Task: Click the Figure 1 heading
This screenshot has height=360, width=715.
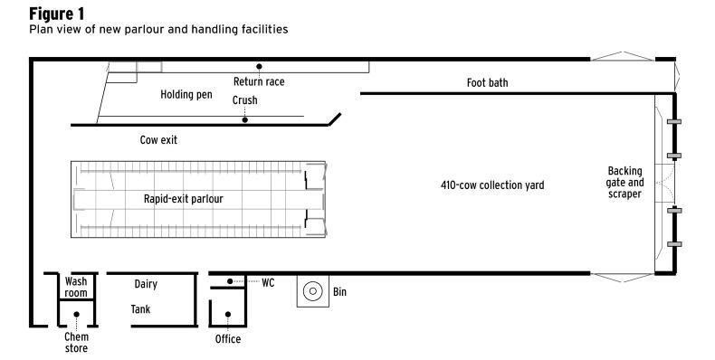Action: [x=56, y=14]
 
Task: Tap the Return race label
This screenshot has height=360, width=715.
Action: [x=259, y=81]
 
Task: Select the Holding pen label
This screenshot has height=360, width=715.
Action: [x=186, y=95]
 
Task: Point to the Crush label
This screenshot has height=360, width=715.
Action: [x=245, y=99]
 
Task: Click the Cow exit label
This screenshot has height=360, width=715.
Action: [x=158, y=140]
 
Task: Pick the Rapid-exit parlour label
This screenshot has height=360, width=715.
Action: [x=184, y=199]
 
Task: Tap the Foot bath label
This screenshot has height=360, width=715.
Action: [x=487, y=82]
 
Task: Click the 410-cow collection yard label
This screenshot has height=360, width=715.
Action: [x=492, y=185]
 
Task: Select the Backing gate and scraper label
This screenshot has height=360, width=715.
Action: [x=624, y=183]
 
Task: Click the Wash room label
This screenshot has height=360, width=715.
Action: [x=76, y=287]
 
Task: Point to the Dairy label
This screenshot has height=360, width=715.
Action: [x=146, y=284]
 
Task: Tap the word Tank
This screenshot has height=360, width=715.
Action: [x=140, y=309]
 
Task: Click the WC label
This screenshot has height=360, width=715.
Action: [x=268, y=283]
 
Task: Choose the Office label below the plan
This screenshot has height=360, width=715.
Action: [x=228, y=339]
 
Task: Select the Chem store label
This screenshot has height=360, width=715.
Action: [x=76, y=343]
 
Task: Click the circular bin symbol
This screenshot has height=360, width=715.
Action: [x=313, y=291]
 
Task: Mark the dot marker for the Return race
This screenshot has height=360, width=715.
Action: [x=259, y=67]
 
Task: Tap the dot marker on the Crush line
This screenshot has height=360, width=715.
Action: [x=245, y=119]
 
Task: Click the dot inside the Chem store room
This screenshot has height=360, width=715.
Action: [x=77, y=315]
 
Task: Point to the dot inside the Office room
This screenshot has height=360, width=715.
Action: [x=228, y=315]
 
